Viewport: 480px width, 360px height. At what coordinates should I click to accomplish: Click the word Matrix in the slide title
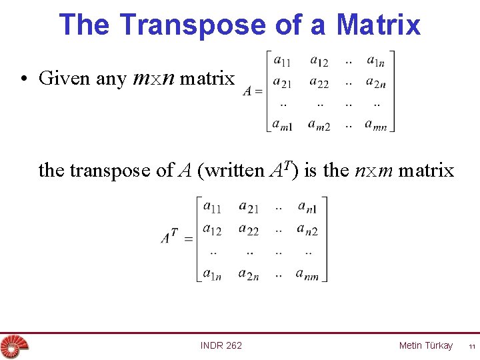[378, 25]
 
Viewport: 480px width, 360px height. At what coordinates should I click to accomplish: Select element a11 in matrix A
[281, 61]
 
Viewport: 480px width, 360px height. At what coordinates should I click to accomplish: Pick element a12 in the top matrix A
[319, 61]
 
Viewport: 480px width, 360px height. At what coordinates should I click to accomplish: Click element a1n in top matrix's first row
[375, 61]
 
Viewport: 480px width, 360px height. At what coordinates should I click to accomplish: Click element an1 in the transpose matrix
[307, 208]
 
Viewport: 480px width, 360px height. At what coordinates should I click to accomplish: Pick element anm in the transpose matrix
[307, 273]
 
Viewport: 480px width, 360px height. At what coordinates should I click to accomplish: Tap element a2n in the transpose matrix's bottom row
[248, 273]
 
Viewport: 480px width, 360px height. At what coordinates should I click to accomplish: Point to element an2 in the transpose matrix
[307, 230]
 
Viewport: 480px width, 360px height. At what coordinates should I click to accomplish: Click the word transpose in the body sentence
[111, 171]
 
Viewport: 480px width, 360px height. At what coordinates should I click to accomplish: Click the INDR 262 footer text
[221, 345]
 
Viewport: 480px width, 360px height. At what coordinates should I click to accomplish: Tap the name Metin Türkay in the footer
[425, 345]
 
